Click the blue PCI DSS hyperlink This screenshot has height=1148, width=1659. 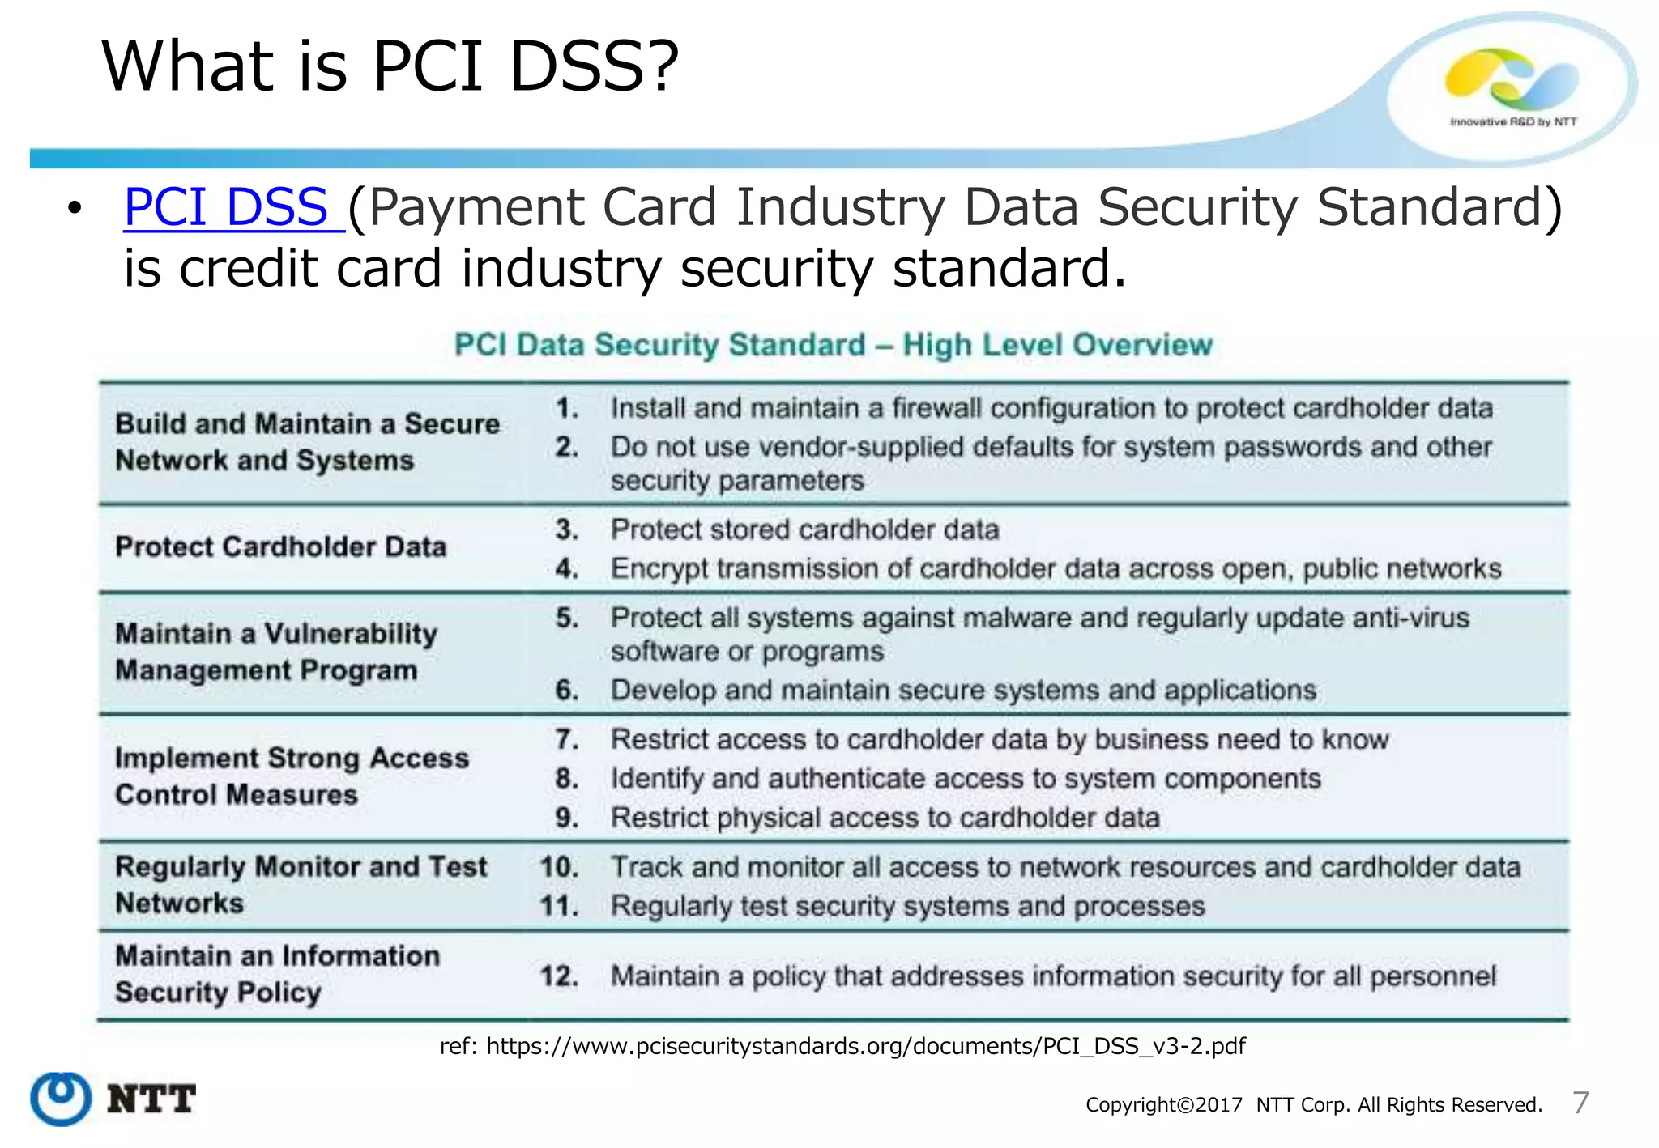[x=226, y=207]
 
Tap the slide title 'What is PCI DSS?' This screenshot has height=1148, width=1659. [x=390, y=66]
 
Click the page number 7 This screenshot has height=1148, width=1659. [x=1580, y=1103]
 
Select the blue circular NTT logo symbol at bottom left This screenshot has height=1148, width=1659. [x=61, y=1099]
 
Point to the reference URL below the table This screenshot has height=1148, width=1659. [x=842, y=1046]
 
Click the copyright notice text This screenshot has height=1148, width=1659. [x=1313, y=1105]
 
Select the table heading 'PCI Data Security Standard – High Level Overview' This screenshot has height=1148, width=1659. [x=833, y=345]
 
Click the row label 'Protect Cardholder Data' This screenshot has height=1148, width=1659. [x=280, y=546]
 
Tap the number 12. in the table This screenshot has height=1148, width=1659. [x=559, y=976]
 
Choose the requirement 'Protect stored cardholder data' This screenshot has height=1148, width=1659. [x=804, y=529]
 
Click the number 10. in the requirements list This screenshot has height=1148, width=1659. [x=559, y=867]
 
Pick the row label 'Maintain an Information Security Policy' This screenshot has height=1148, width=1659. [x=277, y=974]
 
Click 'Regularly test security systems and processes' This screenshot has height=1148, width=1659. [x=907, y=906]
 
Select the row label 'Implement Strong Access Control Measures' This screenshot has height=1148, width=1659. [x=292, y=776]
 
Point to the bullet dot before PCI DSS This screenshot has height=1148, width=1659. [x=75, y=209]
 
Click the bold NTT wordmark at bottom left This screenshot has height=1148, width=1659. [x=151, y=1099]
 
